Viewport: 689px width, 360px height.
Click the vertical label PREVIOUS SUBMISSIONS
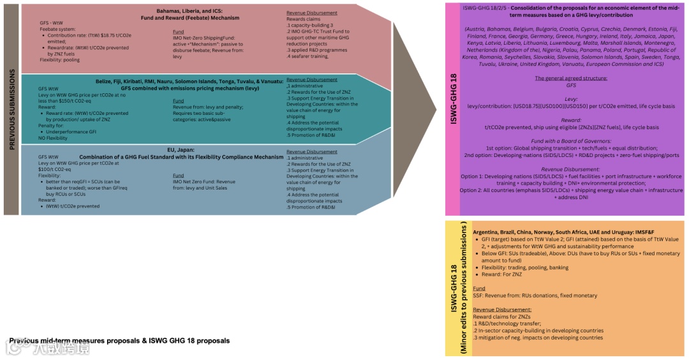pos(11,110)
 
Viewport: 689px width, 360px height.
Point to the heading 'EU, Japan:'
pos(181,149)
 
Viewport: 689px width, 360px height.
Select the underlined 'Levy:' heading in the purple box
pos(571,99)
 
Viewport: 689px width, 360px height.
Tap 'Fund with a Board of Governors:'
pos(571,141)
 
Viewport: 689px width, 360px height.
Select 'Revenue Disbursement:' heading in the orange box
pos(503,309)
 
